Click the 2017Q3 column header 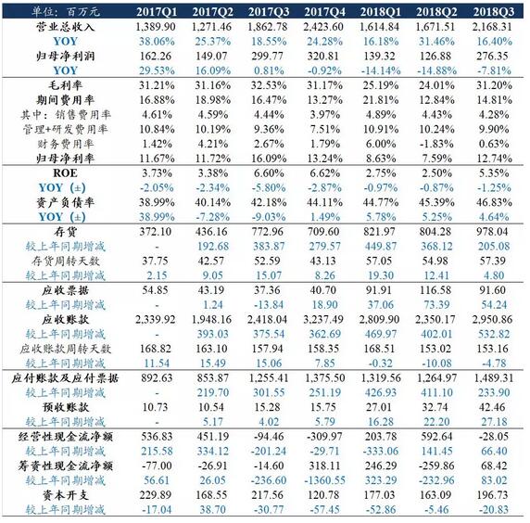(269, 12)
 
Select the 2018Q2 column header (436, 12)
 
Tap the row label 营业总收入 (65, 27)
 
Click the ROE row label (65, 172)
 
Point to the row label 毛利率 (65, 85)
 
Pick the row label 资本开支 (65, 495)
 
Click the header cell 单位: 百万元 (66, 12)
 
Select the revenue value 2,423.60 (323, 27)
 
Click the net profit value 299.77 (267, 56)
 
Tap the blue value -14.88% (436, 70)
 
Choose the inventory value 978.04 (492, 232)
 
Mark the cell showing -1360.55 (324, 480)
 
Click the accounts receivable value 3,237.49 (323, 319)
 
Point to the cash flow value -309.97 (323, 437)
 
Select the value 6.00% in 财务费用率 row (381, 144)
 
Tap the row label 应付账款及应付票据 (65, 378)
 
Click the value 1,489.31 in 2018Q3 (494, 377)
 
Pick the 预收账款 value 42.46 (492, 407)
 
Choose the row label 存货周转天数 (65, 261)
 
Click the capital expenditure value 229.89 (155, 495)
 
